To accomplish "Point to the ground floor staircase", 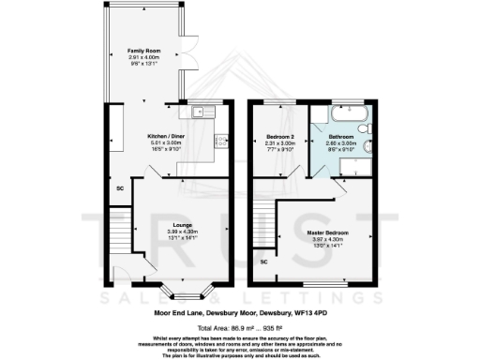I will coord(118,231).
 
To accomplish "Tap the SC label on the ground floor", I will coord(119,188).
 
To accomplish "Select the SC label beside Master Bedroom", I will coord(263,262).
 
